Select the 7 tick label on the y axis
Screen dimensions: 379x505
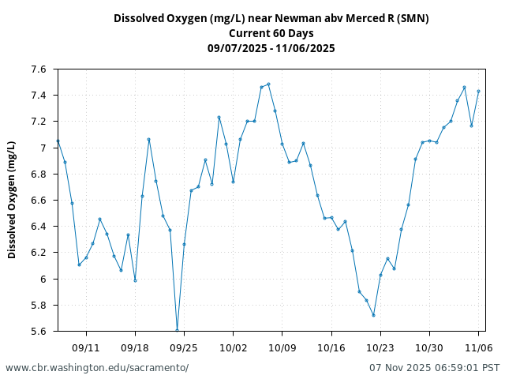(43, 148)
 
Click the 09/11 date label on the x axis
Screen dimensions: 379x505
(86, 347)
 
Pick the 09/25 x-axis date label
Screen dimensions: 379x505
(184, 347)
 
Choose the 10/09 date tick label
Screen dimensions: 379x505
(282, 347)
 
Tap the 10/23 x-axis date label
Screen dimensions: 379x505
(380, 347)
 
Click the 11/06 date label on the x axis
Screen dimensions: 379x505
(478, 347)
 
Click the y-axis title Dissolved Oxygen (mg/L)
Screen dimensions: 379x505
(12, 200)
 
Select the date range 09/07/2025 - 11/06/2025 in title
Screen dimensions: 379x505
(271, 48)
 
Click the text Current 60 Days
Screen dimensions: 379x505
(271, 33)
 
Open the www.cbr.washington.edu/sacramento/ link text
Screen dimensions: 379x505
(97, 368)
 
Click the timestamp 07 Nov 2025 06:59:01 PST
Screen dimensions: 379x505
(434, 368)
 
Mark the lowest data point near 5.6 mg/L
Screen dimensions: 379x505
(177, 330)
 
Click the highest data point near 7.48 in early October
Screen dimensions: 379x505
(268, 84)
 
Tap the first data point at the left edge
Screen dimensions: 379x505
(58, 141)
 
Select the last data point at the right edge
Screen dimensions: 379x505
(478, 91)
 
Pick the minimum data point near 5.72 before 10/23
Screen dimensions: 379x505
(373, 315)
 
